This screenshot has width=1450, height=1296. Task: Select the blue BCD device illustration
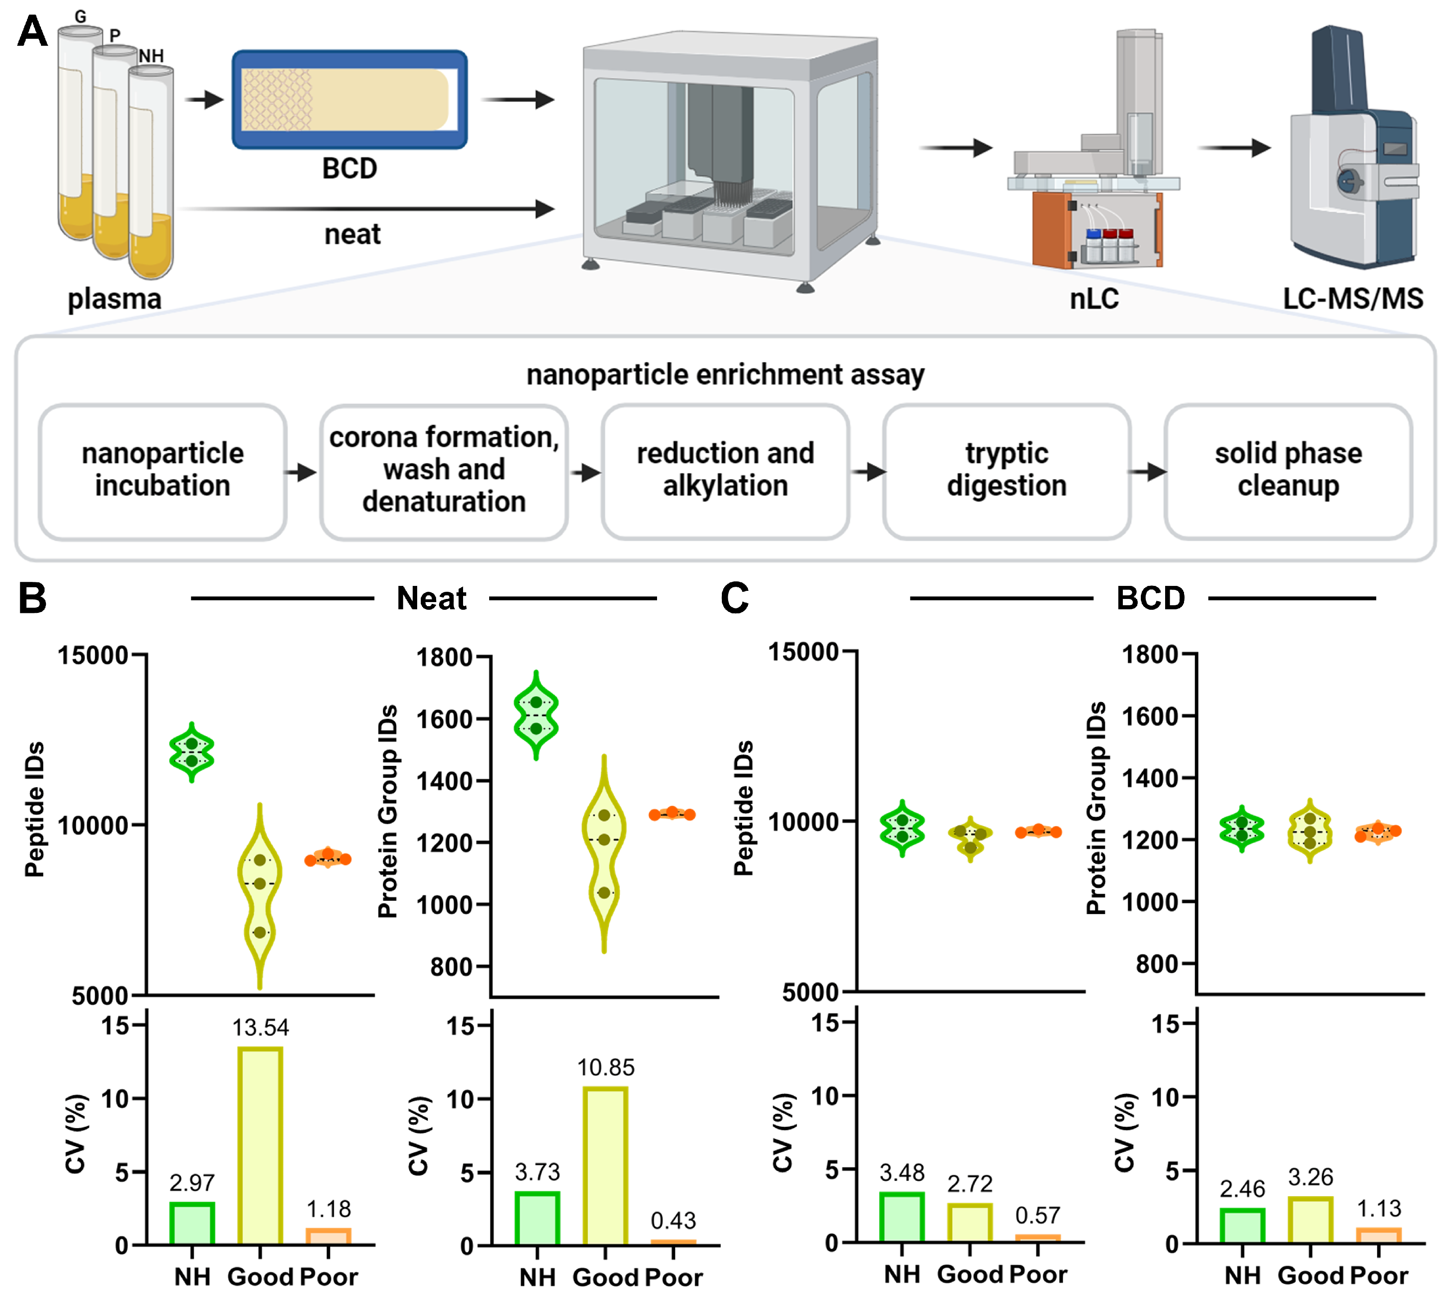[x=349, y=100]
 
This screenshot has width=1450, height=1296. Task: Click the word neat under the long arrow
[x=352, y=234]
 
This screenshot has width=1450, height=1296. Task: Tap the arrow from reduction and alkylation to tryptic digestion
[x=868, y=472]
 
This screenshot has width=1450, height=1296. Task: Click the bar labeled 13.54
[x=260, y=1147]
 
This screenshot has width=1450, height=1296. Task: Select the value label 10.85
[x=605, y=1067]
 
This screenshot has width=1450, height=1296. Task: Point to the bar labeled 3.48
[x=901, y=1218]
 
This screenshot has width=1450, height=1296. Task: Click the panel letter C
[x=734, y=598]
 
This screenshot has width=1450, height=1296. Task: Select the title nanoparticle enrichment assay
[x=725, y=374]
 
